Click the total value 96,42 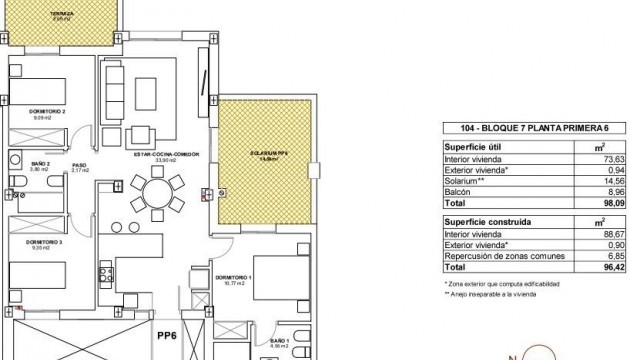pyautogui.click(x=606, y=268)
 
